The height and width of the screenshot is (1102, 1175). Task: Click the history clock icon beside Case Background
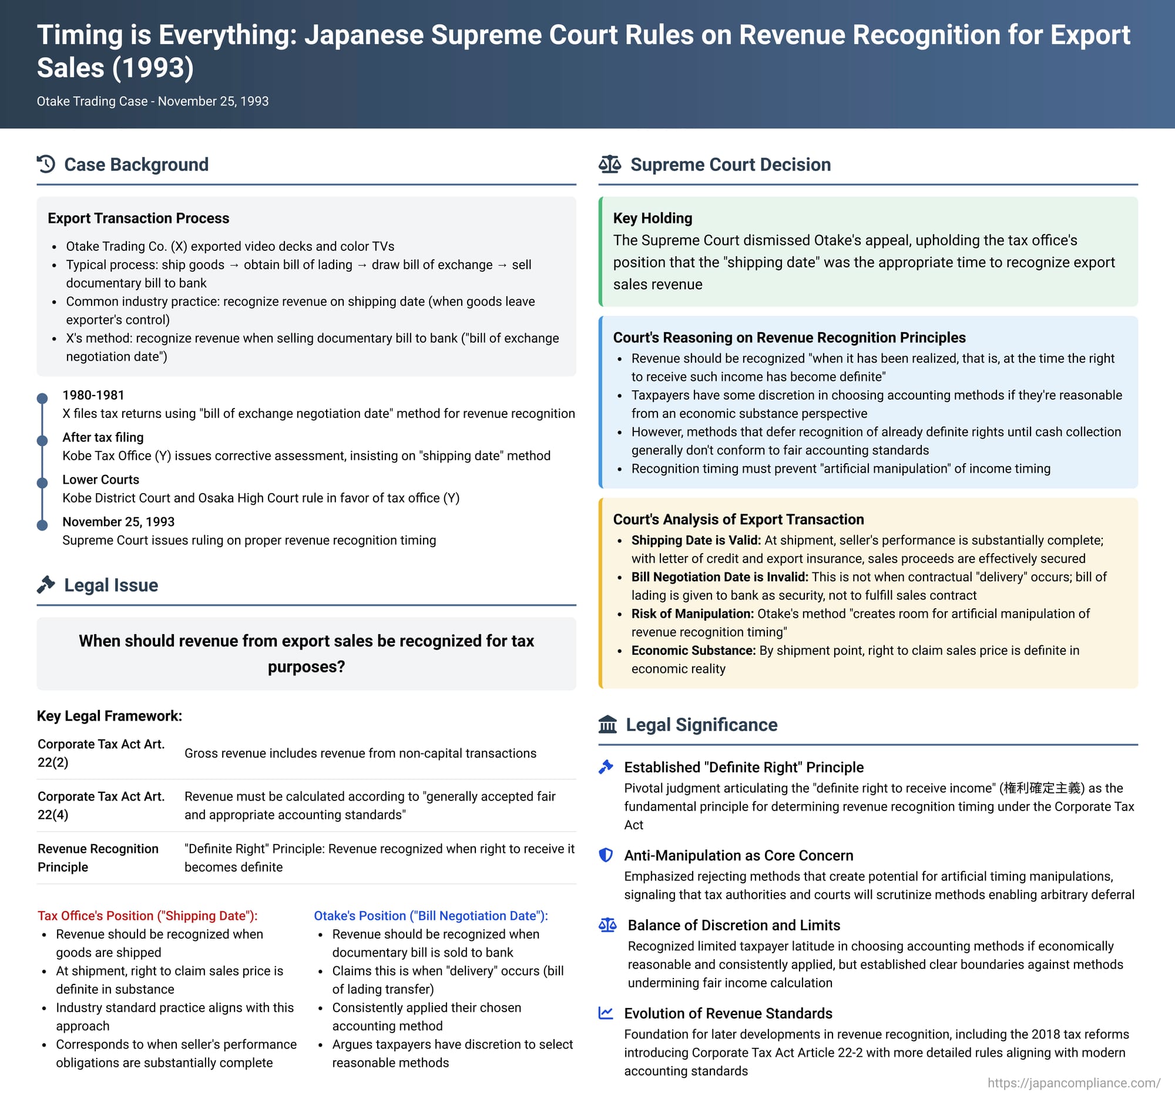point(46,165)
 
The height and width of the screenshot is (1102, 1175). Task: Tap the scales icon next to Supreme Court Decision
point(609,165)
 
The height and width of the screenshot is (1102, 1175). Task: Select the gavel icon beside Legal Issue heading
point(46,585)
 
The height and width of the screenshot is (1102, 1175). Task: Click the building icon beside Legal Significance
point(607,724)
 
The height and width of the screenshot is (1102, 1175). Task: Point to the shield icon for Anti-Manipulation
point(606,855)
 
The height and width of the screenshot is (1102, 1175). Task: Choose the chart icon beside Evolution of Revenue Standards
point(606,1013)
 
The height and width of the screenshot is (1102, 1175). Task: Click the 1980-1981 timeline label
point(93,395)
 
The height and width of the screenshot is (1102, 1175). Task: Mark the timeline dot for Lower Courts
point(42,483)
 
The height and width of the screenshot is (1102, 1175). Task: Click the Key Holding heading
point(652,218)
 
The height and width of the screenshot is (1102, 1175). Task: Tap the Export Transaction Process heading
point(138,218)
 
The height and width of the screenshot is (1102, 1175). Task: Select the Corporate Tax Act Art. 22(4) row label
point(101,805)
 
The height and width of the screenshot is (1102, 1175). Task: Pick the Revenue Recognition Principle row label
point(98,858)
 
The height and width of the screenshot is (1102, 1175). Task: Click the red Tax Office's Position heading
point(148,916)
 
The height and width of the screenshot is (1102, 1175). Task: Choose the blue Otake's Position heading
point(431,916)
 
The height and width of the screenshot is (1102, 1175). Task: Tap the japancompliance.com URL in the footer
point(1074,1083)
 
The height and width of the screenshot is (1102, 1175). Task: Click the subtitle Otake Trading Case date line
point(153,101)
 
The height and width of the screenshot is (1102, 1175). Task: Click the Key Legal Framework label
point(109,716)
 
